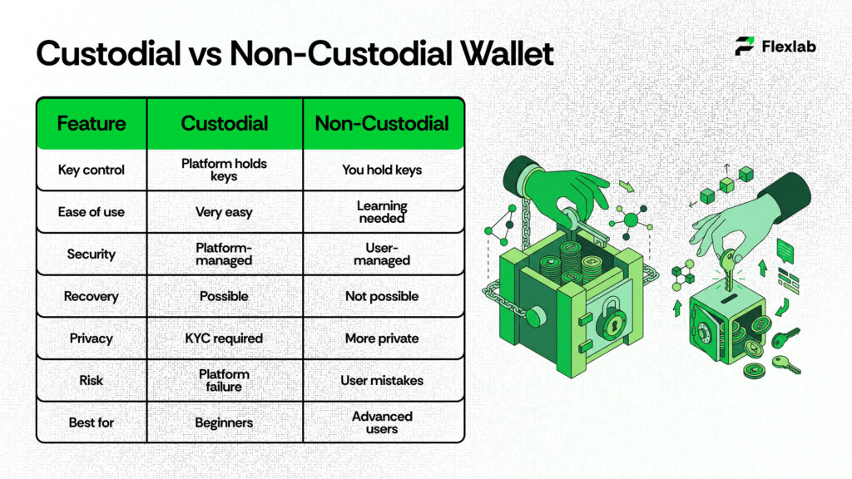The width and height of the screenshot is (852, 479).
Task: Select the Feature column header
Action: pyautogui.click(x=92, y=124)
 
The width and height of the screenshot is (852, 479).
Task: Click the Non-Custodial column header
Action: pyautogui.click(x=382, y=124)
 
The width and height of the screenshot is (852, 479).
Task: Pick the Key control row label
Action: pyautogui.click(x=92, y=170)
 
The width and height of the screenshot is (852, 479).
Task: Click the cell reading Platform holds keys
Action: pyautogui.click(x=224, y=170)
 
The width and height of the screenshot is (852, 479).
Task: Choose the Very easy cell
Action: pyautogui.click(x=224, y=212)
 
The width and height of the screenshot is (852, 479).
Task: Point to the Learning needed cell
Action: pyautogui.click(x=382, y=212)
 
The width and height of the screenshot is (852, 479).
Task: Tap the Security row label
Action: pyautogui.click(x=92, y=254)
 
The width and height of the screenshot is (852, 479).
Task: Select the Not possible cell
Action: pyautogui.click(x=382, y=296)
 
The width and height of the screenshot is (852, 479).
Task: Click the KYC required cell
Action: pyautogui.click(x=224, y=338)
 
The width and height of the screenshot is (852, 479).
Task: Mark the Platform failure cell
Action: pyautogui.click(x=224, y=380)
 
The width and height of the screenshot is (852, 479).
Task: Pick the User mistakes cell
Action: pyautogui.click(x=382, y=380)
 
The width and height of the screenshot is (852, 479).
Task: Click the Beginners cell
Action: pyautogui.click(x=224, y=422)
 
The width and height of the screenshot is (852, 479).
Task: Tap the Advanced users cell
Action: pyautogui.click(x=382, y=422)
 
